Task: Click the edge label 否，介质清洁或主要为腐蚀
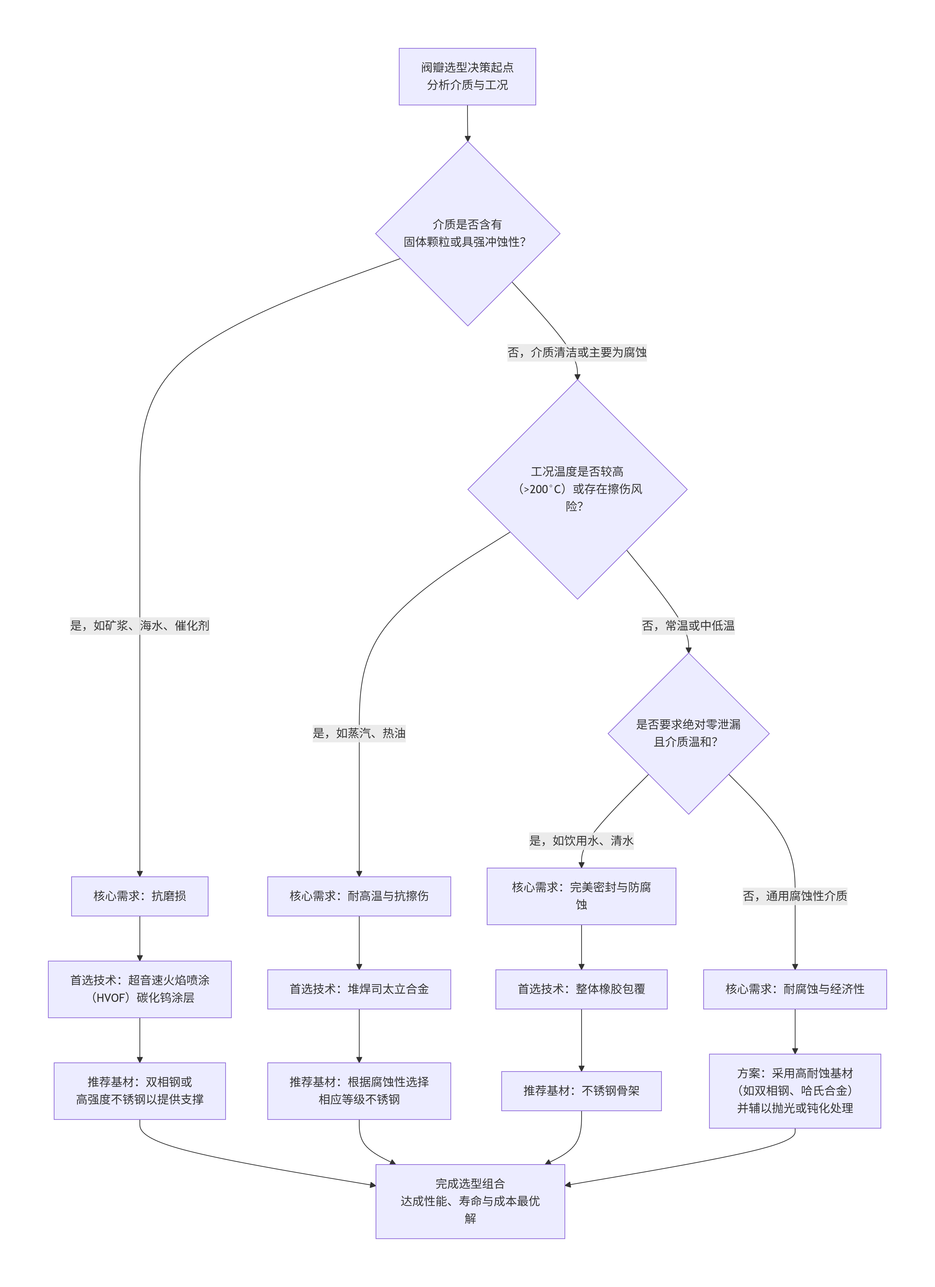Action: click(x=576, y=352)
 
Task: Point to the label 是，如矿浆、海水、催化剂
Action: click(x=139, y=625)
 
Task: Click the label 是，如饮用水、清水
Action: click(x=581, y=840)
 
